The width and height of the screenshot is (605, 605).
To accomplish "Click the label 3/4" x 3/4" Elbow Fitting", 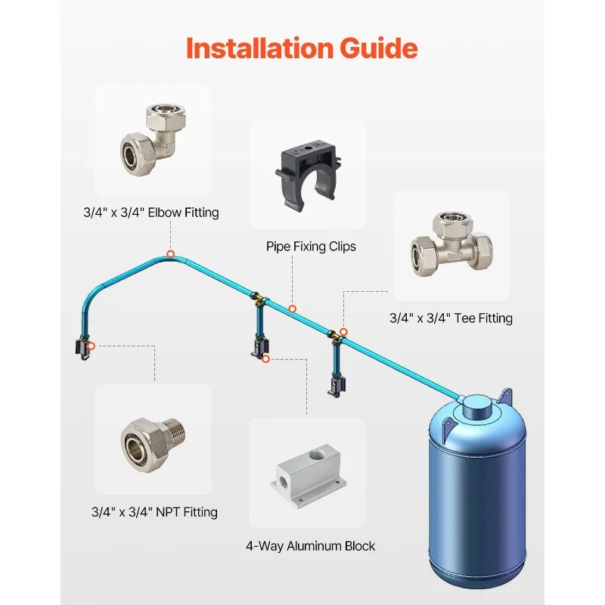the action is [x=150, y=213].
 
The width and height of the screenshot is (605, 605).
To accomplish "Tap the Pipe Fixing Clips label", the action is [x=310, y=246].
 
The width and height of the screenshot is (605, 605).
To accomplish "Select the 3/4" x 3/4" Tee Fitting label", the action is [x=451, y=318].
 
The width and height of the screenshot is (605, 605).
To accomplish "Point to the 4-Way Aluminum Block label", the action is [x=310, y=546].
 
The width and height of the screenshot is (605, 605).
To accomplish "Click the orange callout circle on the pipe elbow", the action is [x=172, y=254].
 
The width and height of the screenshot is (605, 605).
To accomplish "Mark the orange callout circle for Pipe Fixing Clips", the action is [x=292, y=309].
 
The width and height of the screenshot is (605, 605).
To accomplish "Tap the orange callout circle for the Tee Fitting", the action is [x=343, y=331].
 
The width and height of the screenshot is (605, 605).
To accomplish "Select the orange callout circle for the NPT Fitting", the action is [x=91, y=346].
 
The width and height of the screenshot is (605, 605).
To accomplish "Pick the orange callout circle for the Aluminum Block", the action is [x=265, y=358].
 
